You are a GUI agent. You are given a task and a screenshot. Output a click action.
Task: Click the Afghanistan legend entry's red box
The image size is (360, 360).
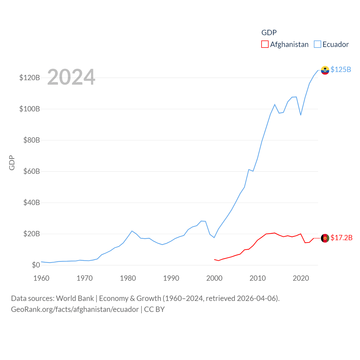pyautogui.click(x=265, y=44)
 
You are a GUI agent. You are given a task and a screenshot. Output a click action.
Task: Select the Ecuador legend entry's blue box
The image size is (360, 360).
pyautogui.click(x=318, y=44)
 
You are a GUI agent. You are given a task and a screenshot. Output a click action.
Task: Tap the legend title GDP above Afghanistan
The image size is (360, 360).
pyautogui.click(x=269, y=33)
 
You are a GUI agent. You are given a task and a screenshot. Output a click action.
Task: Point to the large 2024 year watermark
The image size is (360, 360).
pyautogui.click(x=71, y=77)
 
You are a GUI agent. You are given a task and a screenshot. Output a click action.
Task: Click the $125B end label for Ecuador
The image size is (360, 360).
pyautogui.click(x=341, y=69)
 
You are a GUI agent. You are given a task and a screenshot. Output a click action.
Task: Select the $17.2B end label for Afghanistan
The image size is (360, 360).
pyautogui.click(x=341, y=238)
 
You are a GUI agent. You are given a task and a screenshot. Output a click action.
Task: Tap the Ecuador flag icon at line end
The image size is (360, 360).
pyautogui.click(x=325, y=70)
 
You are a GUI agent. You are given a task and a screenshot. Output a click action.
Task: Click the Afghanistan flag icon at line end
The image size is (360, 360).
pyautogui.click(x=325, y=238)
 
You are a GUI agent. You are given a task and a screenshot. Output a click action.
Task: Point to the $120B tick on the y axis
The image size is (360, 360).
pyautogui.click(x=30, y=78)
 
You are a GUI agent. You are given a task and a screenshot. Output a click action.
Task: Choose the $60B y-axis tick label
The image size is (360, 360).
pyautogui.click(x=31, y=171)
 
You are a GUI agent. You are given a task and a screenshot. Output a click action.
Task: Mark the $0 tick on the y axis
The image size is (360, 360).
pyautogui.click(x=36, y=265)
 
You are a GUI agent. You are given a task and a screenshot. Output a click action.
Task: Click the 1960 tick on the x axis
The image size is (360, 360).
pyautogui.click(x=41, y=278)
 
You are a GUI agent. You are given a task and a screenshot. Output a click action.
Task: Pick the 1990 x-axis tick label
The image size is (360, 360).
pyautogui.click(x=171, y=278)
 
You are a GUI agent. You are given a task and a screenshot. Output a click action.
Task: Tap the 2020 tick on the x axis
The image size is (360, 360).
pyautogui.click(x=301, y=278)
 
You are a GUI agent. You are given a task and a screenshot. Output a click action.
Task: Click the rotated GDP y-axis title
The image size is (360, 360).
pyautogui.click(x=12, y=163)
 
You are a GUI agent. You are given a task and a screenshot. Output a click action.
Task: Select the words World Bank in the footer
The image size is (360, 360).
pyautogui.click(x=75, y=298)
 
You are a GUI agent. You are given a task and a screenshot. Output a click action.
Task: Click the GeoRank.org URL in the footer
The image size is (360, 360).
pyautogui.click(x=75, y=309)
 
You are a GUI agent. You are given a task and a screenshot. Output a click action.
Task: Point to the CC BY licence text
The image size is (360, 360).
pyautogui.click(x=154, y=309)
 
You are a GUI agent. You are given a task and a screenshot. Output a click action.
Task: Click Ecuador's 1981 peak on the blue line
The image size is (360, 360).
pyautogui.click(x=132, y=231)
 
